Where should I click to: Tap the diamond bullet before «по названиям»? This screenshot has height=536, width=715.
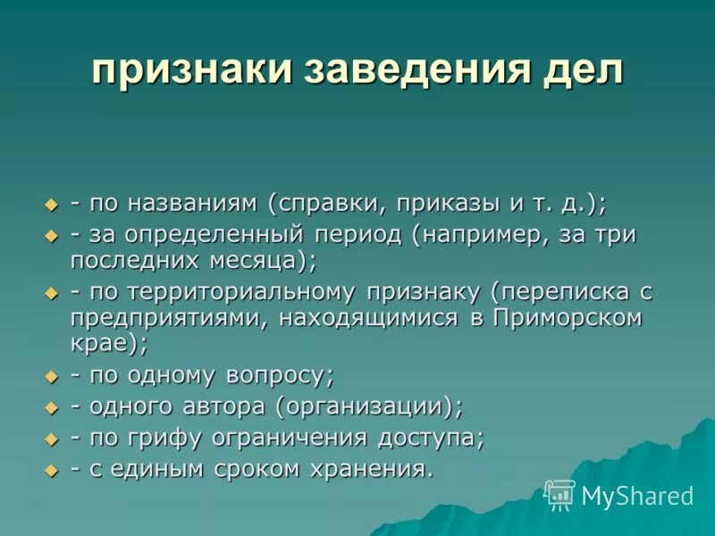click(x=51, y=205)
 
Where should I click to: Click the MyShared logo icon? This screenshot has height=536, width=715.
click(x=560, y=494)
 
